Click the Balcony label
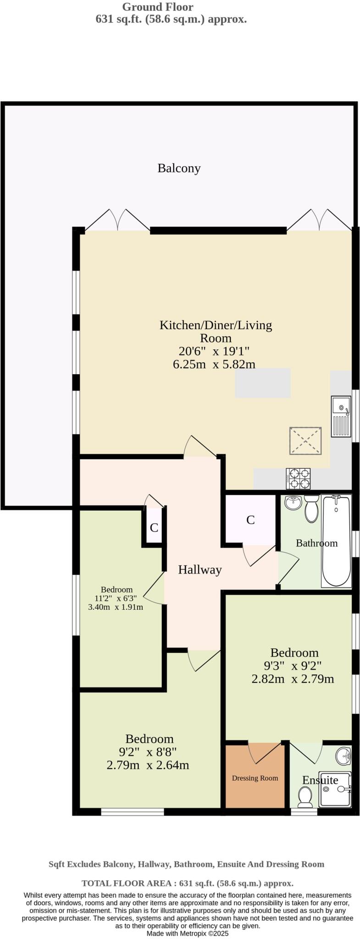[179, 168]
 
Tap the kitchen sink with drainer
[341, 417]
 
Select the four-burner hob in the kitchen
[298, 479]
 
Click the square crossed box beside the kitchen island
[305, 441]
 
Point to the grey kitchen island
[263, 383]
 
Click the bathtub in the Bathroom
[336, 541]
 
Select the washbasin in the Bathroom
[293, 503]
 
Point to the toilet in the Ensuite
[305, 797]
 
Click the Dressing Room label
[255, 778]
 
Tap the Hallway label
[199, 570]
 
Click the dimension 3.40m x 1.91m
[116, 607]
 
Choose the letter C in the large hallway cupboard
[250, 520]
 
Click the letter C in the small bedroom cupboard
[154, 528]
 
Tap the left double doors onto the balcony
[117, 221]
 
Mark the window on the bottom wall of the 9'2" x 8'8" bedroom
[132, 811]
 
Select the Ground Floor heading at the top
[158, 7]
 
